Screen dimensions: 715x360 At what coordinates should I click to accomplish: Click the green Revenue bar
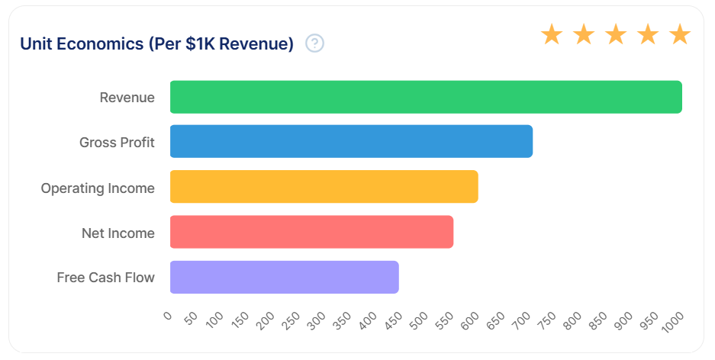426,97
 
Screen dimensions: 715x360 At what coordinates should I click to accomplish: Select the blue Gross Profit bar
351,141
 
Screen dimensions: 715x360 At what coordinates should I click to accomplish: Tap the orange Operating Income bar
324,186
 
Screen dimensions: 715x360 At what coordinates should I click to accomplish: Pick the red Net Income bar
311,232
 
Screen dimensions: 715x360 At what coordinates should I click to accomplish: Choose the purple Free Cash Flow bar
285,277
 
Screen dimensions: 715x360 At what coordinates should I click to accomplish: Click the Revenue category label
127,98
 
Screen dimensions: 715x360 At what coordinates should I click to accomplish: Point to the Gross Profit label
117,142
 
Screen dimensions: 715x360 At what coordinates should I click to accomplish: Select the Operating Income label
98,188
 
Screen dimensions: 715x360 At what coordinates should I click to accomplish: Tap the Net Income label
118,233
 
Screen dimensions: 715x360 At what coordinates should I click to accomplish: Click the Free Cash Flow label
105,278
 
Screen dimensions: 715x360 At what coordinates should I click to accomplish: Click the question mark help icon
314,43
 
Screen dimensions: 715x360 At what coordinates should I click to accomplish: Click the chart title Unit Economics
82,43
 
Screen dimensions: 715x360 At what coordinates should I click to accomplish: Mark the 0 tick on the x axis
168,315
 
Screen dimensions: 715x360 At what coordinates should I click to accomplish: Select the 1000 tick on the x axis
673,322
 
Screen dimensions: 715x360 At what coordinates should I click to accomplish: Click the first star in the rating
552,34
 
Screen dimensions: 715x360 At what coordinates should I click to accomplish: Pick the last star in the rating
680,34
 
